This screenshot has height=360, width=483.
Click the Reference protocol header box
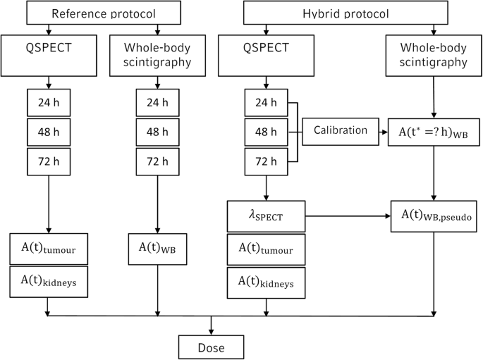[x=104, y=13]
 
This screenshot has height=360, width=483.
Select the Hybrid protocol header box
[x=346, y=13]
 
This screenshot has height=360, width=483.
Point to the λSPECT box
[x=266, y=216]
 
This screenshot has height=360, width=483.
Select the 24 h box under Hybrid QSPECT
[x=266, y=103]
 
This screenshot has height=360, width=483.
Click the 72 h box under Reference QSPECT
[x=47, y=161]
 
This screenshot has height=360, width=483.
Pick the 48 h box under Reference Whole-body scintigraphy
[x=157, y=132]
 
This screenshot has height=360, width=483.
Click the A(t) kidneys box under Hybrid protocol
[x=266, y=281]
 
